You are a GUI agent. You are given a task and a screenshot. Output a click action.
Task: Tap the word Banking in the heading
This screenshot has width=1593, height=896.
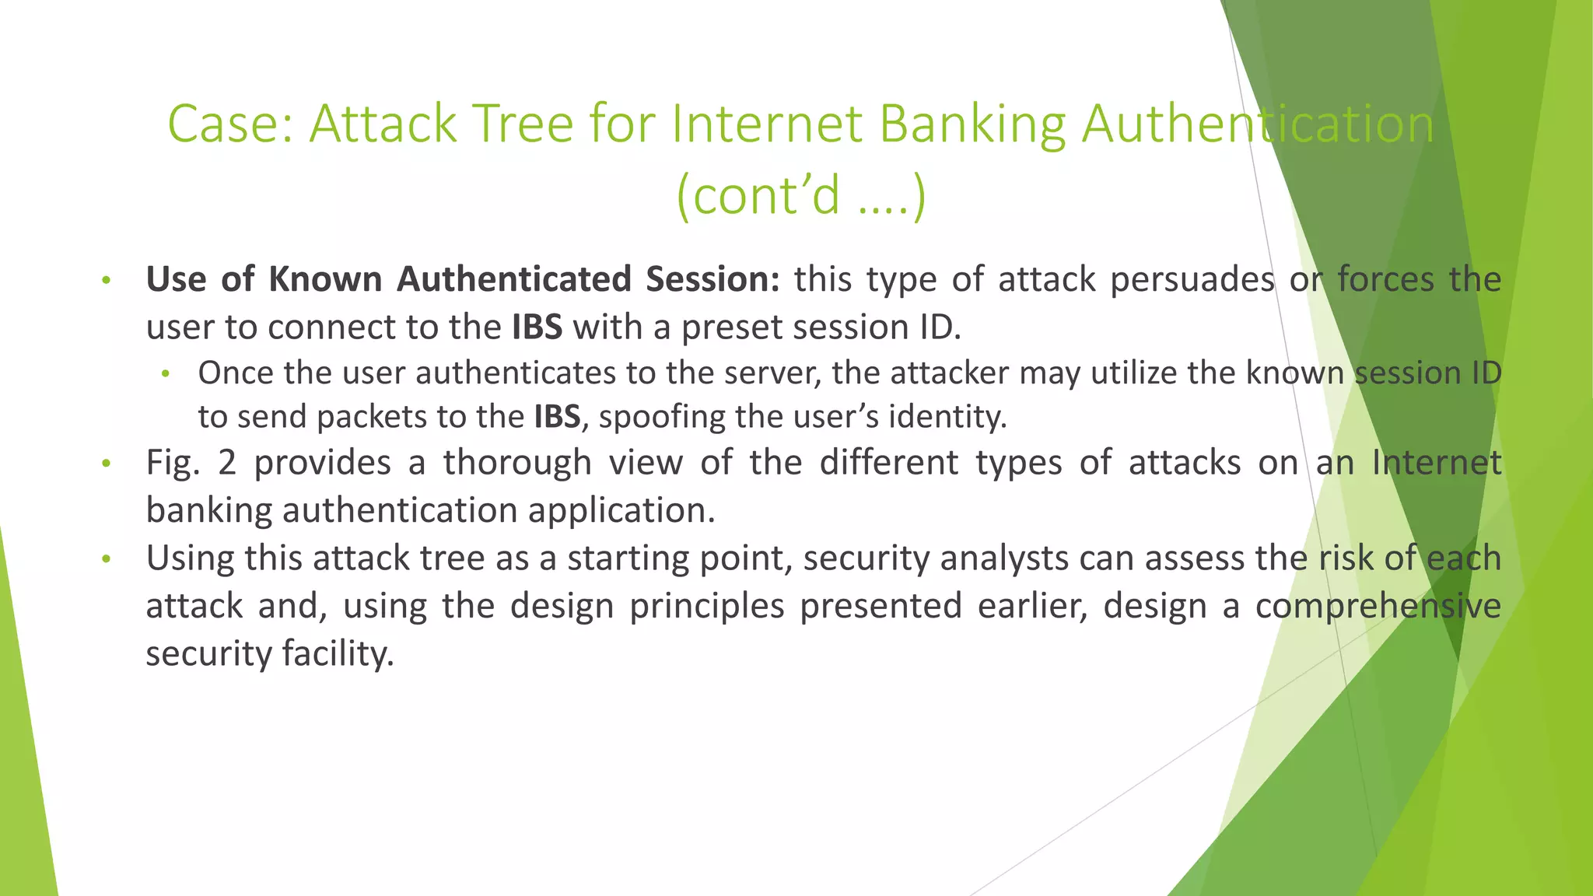click(972, 124)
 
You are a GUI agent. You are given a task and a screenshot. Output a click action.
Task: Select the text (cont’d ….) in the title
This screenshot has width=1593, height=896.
click(801, 195)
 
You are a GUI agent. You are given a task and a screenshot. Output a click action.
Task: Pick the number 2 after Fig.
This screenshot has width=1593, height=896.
click(226, 463)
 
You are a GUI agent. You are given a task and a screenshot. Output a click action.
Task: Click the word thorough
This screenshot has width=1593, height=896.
click(517, 463)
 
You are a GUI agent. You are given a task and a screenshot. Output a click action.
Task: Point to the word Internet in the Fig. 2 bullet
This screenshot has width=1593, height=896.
click(1436, 463)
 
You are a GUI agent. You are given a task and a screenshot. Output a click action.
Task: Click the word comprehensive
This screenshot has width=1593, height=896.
click(1378, 606)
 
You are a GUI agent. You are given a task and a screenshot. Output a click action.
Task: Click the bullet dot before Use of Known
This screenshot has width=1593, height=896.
click(107, 280)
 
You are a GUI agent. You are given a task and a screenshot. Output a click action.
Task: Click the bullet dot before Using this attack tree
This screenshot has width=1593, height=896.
click(107, 559)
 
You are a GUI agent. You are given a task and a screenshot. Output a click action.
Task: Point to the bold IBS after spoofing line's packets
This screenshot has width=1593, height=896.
click(557, 417)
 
